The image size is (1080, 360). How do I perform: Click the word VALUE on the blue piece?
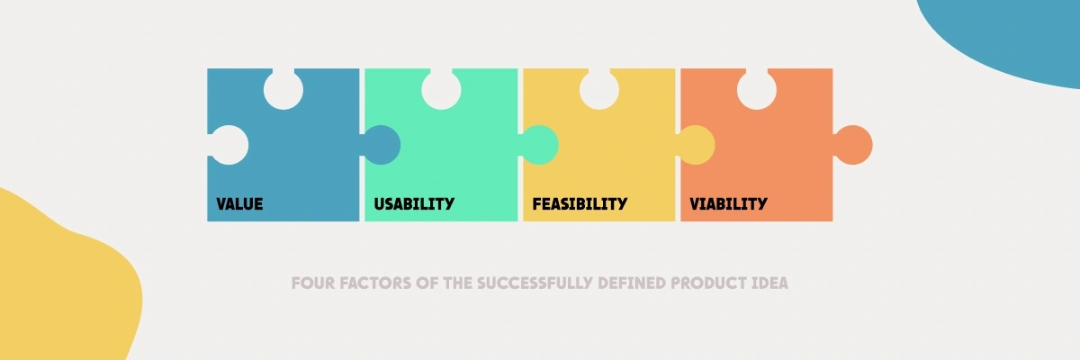[x=239, y=204]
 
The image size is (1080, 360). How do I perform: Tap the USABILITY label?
[x=414, y=204]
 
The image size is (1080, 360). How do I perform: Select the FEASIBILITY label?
[x=580, y=204]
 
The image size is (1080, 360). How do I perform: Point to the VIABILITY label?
[x=728, y=204]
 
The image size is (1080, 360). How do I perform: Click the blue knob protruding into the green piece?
[x=381, y=145]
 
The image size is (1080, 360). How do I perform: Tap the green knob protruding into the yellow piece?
[x=539, y=145]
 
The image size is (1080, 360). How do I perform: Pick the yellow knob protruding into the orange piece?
[x=696, y=145]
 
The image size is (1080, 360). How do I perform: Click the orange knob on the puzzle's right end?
[x=853, y=145]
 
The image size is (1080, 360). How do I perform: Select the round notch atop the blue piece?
[x=283, y=90]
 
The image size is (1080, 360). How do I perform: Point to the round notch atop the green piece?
[x=441, y=90]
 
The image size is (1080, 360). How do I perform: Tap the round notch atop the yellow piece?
[x=599, y=90]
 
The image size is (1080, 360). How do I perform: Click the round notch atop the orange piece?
[x=757, y=90]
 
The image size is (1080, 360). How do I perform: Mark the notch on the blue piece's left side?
[x=229, y=145]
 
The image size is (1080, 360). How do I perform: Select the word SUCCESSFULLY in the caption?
[x=535, y=283]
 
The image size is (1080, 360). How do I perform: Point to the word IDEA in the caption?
[x=770, y=283]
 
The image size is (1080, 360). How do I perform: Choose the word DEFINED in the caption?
[x=632, y=283]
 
